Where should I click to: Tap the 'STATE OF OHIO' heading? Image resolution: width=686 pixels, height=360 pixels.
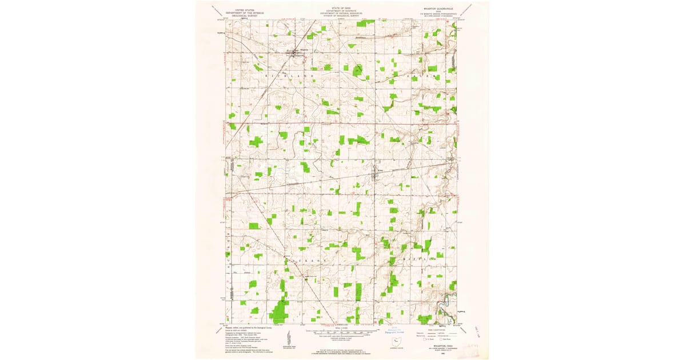(x=342, y=7)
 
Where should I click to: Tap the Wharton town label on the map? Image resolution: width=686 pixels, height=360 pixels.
(x=305, y=49)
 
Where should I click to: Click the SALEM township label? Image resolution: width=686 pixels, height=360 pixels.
(x=422, y=75)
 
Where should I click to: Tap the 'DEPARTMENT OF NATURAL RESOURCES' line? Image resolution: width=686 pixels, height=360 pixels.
(x=342, y=13)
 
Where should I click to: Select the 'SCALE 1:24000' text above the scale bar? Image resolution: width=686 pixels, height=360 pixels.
(x=342, y=327)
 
